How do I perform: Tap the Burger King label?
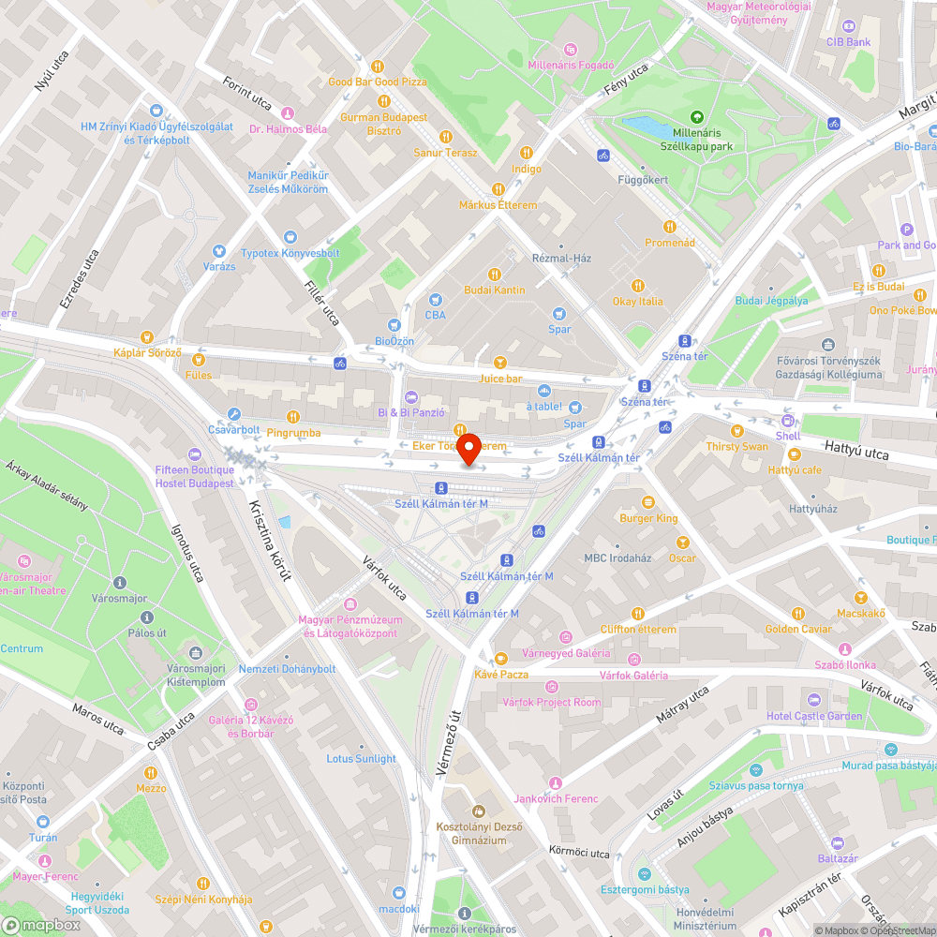tap(647, 518)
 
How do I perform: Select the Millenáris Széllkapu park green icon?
tap(696, 116)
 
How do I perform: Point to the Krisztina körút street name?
tap(269, 540)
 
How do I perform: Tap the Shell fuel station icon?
tap(788, 421)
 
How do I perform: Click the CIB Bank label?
tap(848, 42)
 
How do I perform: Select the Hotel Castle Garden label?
tap(813, 716)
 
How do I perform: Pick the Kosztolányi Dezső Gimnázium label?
tap(478, 833)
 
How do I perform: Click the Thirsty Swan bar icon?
tap(736, 431)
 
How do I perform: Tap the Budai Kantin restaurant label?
tap(494, 290)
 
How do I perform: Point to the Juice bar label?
tap(499, 379)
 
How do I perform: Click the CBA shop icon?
tap(435, 300)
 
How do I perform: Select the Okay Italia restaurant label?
tap(637, 301)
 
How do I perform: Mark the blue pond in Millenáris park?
tap(644, 125)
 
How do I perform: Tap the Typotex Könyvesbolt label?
tap(290, 253)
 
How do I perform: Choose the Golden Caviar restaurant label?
tap(797, 629)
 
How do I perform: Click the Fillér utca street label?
tap(320, 304)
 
